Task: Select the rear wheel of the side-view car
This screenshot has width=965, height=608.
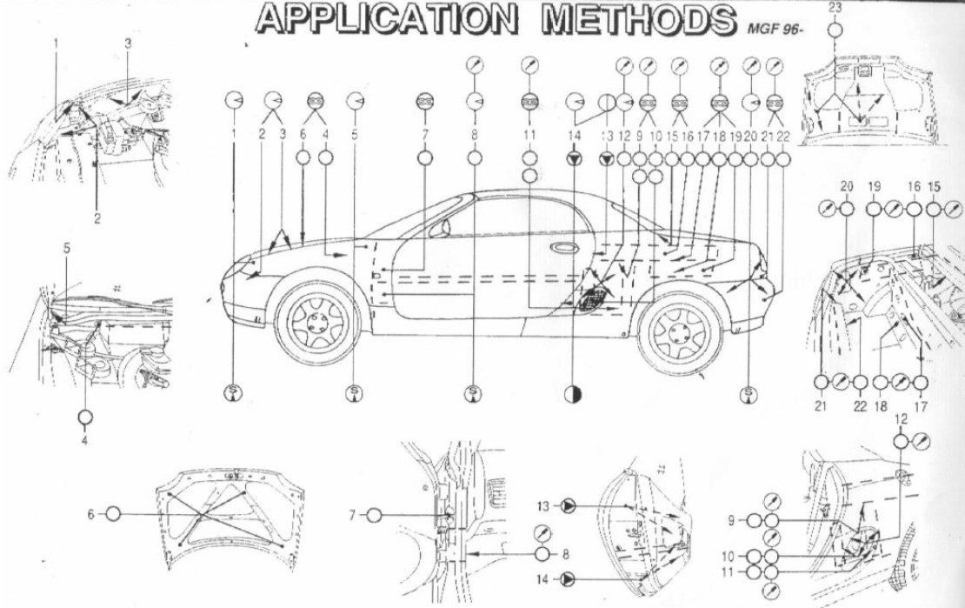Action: click(x=680, y=331)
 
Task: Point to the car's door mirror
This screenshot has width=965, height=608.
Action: click(x=439, y=228)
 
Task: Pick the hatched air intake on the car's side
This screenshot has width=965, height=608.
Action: click(x=591, y=297)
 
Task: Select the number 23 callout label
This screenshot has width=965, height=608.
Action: click(x=835, y=7)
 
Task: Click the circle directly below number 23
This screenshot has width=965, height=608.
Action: click(x=835, y=30)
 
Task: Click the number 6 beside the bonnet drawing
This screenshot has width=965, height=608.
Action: click(x=90, y=514)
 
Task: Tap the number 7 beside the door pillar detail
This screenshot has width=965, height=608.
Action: click(x=353, y=515)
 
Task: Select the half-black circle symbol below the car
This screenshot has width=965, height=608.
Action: click(x=574, y=393)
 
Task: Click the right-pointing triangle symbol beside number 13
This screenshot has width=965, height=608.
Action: click(x=568, y=505)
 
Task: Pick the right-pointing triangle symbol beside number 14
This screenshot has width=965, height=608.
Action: click(x=568, y=577)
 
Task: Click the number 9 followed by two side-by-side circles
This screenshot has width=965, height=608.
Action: click(x=732, y=521)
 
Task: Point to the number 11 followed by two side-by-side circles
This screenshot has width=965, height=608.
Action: click(x=732, y=572)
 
